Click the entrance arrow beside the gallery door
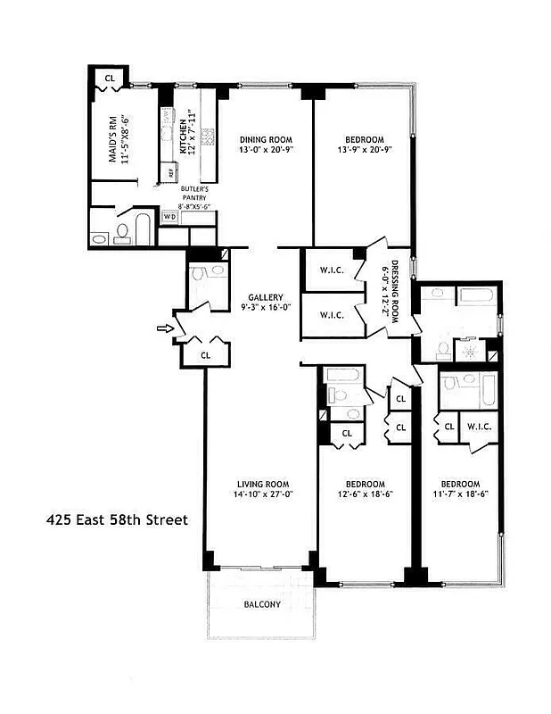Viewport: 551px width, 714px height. click(162, 328)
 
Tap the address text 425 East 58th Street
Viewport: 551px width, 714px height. click(116, 518)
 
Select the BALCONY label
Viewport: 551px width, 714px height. click(262, 604)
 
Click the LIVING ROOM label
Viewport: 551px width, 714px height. click(262, 483)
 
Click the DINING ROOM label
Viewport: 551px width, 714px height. click(267, 139)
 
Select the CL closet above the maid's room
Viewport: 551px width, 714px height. click(110, 78)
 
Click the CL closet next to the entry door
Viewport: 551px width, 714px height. click(205, 354)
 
